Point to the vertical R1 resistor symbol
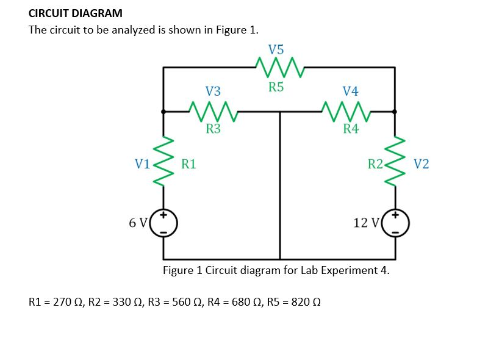click(x=163, y=162)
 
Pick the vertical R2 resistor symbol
click(x=395, y=162)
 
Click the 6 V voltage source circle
click(x=163, y=223)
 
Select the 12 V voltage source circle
click(x=395, y=223)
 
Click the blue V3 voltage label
click(x=213, y=92)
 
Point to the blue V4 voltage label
click(x=351, y=92)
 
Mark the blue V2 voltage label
click(x=421, y=164)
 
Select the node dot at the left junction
click(x=163, y=112)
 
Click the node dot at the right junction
click(x=395, y=112)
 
